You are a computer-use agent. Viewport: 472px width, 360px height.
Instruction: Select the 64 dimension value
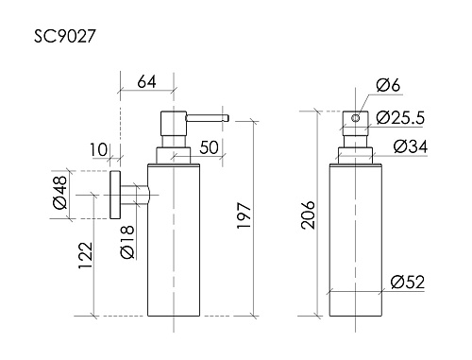pos(147,81)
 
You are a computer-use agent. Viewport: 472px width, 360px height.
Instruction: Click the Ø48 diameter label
pos(59,196)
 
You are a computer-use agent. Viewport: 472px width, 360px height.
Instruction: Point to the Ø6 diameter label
pos(387,87)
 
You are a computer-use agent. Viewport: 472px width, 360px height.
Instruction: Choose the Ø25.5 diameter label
pos(397,117)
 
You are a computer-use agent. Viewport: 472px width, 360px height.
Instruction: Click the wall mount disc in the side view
pos(114,196)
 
